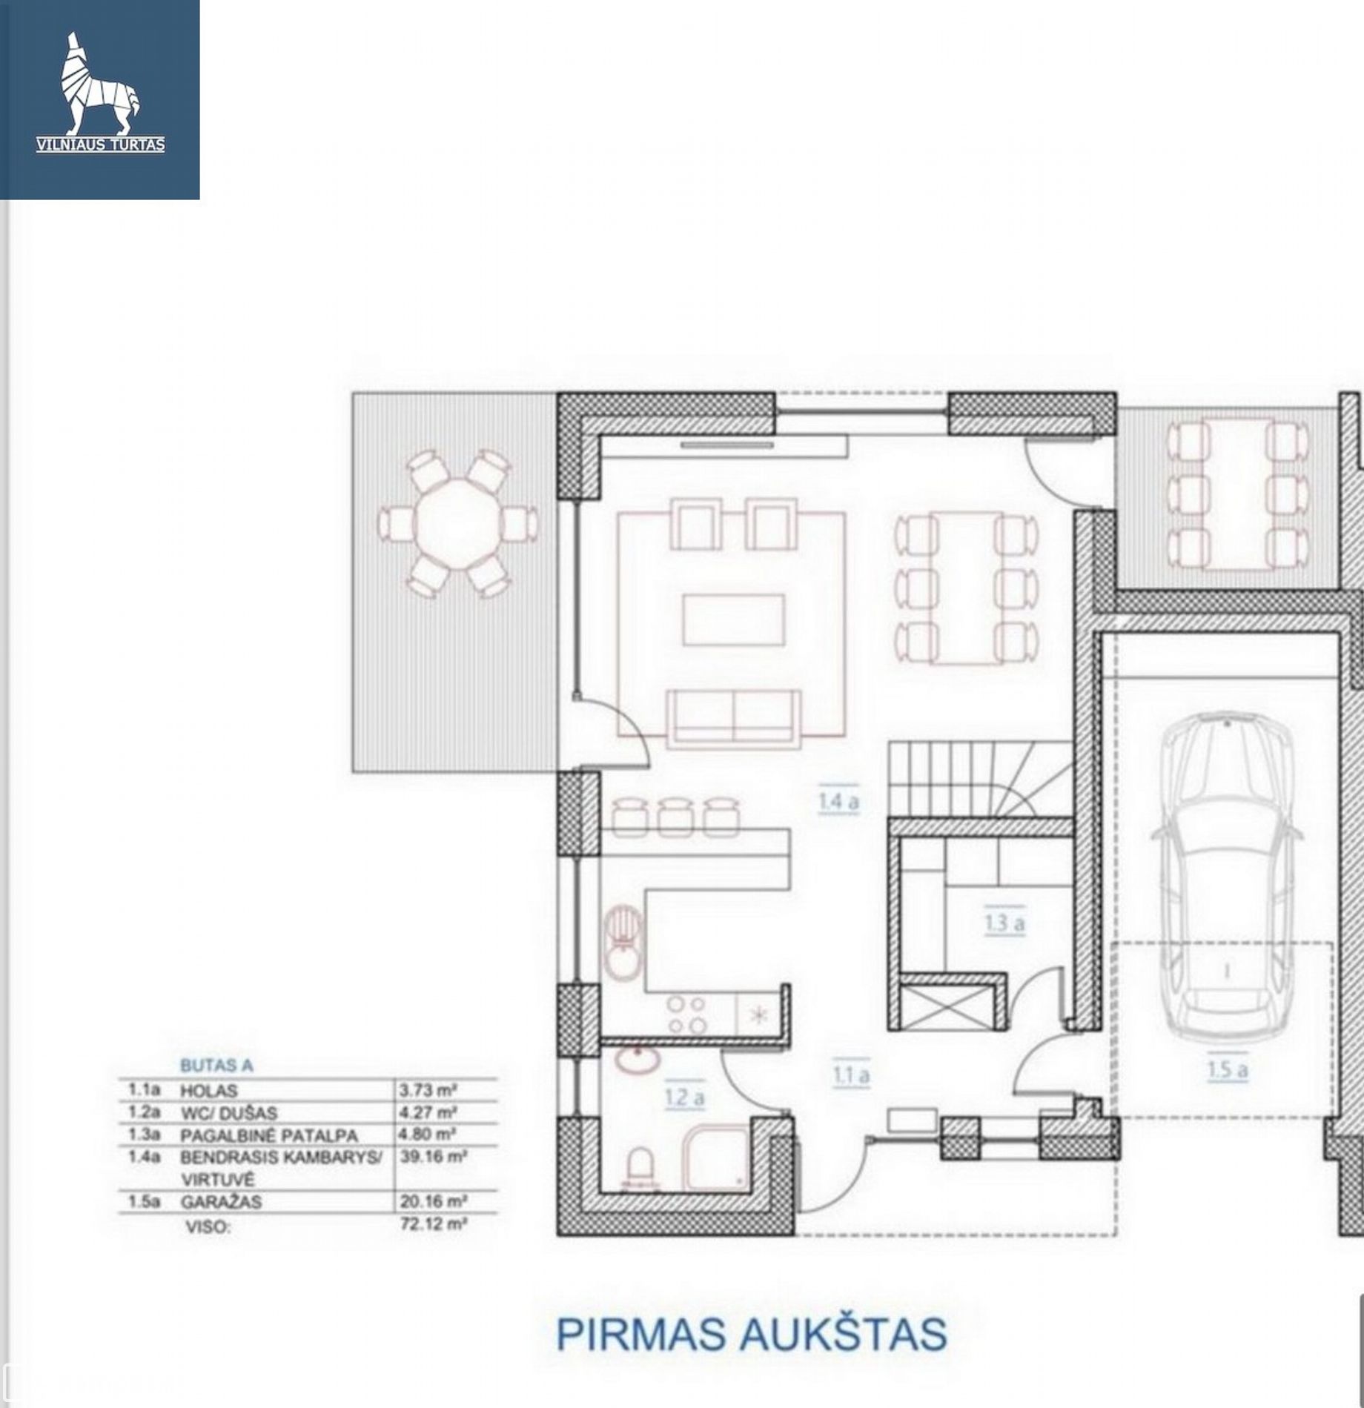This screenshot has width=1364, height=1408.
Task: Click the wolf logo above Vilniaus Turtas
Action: (x=99, y=84)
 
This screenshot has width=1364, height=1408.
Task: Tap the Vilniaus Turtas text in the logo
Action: (x=101, y=145)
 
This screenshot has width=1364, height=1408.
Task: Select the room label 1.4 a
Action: (x=838, y=801)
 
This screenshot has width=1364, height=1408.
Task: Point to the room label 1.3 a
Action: (x=1004, y=923)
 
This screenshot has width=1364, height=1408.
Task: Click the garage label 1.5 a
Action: (x=1227, y=1069)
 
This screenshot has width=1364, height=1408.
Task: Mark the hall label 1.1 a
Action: (x=850, y=1075)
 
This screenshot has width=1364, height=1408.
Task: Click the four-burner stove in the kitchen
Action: (x=686, y=1015)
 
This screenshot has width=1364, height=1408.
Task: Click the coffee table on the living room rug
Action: (x=733, y=619)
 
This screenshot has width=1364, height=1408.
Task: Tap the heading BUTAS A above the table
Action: (x=216, y=1066)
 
